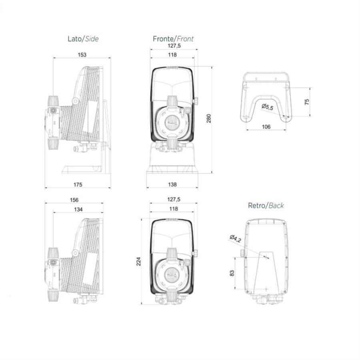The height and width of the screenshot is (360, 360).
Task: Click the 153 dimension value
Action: point(82,54)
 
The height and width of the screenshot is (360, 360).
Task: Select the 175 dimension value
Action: point(78,184)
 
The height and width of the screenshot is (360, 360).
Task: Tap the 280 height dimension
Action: point(208,118)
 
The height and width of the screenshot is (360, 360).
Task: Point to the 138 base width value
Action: point(172,184)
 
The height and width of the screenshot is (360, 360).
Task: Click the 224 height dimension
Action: point(139,262)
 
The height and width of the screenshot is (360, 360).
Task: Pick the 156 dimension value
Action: point(74,200)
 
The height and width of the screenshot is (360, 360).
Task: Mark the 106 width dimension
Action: point(266,127)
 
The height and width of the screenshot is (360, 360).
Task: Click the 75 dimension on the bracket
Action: point(307,102)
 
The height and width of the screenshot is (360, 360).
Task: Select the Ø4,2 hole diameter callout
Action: point(235,239)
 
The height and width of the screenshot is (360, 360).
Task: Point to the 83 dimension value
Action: point(232,274)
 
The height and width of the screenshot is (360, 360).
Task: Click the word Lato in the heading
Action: point(74,39)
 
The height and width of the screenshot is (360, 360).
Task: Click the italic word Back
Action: point(276,206)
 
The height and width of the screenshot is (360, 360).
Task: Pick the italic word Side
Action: point(91,39)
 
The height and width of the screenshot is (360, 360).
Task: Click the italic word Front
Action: point(185,39)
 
